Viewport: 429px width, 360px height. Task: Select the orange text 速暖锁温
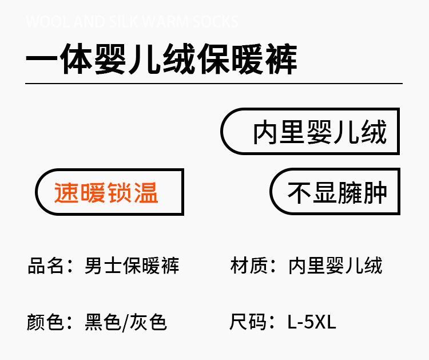click(106, 192)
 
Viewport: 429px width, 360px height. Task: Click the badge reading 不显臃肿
click(337, 192)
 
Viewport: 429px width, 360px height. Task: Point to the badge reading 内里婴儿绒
click(320, 132)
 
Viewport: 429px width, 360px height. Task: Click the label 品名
click(45, 266)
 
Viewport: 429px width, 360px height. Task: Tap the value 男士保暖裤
click(132, 266)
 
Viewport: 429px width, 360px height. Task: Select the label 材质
click(247, 266)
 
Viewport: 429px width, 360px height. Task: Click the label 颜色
click(45, 322)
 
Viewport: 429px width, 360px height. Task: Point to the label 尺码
click(247, 322)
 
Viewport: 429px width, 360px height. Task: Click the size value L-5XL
click(312, 322)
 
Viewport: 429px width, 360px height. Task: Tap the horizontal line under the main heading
click(214, 84)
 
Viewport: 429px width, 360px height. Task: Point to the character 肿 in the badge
click(376, 192)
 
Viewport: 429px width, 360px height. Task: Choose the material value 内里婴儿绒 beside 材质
click(335, 266)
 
